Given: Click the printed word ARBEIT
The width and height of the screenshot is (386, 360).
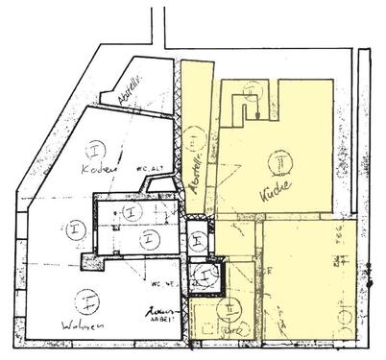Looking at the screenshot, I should tap(160, 324).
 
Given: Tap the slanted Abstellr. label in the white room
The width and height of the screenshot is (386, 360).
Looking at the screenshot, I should tap(130, 90).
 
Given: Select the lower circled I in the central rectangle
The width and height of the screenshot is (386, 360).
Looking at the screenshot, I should tap(146, 237).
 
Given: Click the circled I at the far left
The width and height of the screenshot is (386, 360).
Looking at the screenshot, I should tap(73, 229).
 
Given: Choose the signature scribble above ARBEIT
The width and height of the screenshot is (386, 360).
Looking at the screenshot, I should tap(158, 313).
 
